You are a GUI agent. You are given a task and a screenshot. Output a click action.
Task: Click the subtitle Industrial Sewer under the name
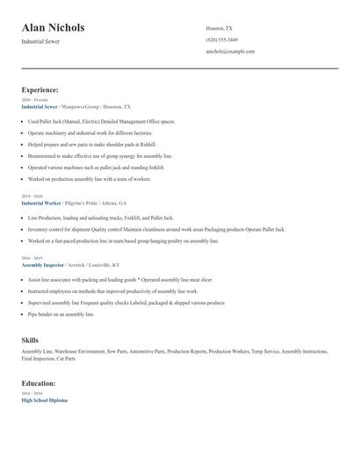pyautogui.click(x=40, y=42)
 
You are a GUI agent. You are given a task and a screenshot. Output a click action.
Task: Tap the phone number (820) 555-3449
pyautogui.click(x=221, y=39)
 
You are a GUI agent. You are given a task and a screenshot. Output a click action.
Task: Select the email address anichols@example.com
pyautogui.click(x=230, y=51)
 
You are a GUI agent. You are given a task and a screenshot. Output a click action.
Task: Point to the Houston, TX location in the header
pyautogui.click(x=219, y=28)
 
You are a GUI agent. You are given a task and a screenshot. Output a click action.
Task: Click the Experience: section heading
pyautogui.click(x=40, y=89)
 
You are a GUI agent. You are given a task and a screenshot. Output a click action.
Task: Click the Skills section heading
pyautogui.click(x=30, y=339)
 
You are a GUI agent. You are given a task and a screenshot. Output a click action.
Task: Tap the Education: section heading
pyautogui.click(x=39, y=383)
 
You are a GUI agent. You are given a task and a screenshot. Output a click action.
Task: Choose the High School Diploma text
pyautogui.click(x=44, y=400)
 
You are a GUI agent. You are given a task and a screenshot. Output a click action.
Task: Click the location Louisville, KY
pyautogui.click(x=103, y=263)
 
